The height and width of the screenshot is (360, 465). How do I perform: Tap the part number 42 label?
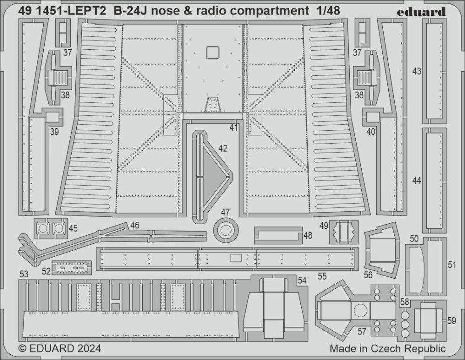click(x=223, y=148)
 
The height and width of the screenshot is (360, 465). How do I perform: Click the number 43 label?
click(x=417, y=71)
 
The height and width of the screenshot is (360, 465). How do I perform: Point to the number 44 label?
click(x=417, y=180)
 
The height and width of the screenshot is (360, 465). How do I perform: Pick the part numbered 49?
click(x=344, y=231)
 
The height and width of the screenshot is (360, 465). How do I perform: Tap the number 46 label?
click(x=134, y=225)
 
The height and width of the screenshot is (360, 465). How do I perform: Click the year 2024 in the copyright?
click(x=85, y=348)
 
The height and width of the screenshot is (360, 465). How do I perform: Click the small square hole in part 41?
click(x=212, y=53)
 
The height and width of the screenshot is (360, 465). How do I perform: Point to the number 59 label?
click(x=451, y=320)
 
